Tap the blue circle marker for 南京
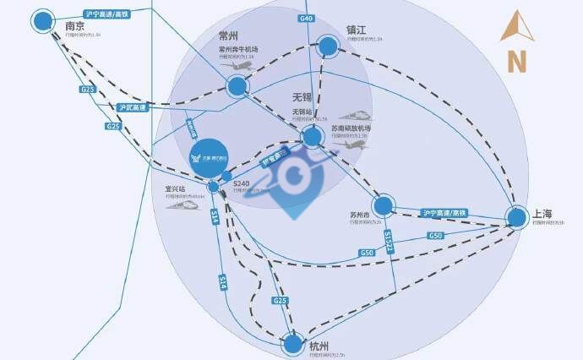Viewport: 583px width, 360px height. (42, 22)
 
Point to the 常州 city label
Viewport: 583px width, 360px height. (229, 35)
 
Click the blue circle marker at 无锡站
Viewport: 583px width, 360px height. (313, 135)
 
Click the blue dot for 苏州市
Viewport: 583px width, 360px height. (384, 205)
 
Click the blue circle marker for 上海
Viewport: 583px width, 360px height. (517, 217)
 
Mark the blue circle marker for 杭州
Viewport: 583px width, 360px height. (292, 344)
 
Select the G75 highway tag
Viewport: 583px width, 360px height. (87, 90)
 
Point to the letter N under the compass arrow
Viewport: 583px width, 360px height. (516, 61)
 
